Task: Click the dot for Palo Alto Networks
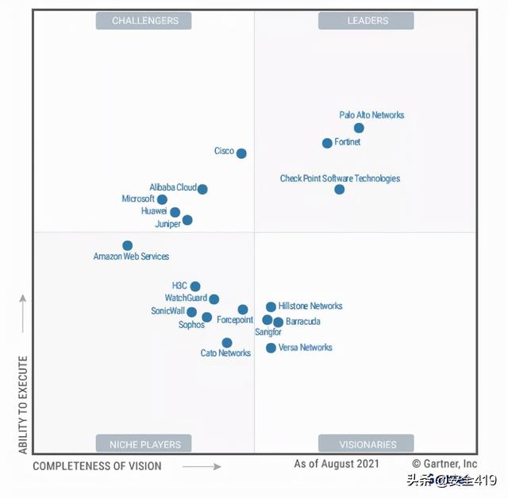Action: (x=359, y=128)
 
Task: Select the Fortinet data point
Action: (x=327, y=143)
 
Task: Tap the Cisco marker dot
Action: (x=241, y=153)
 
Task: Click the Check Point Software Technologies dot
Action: (x=340, y=189)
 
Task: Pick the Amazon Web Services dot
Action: (x=127, y=245)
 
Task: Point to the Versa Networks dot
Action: (x=271, y=348)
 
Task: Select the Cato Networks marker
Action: (x=227, y=343)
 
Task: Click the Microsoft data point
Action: (x=162, y=199)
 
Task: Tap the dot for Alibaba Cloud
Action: (x=202, y=189)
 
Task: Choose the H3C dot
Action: (x=195, y=287)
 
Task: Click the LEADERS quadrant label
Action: (x=366, y=21)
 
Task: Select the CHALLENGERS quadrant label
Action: (x=144, y=21)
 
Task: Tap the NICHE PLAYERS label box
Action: (x=144, y=444)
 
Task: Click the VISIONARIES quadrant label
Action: (x=366, y=444)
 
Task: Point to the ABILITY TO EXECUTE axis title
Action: (x=23, y=405)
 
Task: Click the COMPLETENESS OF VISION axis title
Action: (x=97, y=466)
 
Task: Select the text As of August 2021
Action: (x=337, y=464)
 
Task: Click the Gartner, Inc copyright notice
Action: (x=444, y=464)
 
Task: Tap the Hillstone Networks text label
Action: (x=310, y=306)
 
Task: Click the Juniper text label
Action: (x=167, y=224)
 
